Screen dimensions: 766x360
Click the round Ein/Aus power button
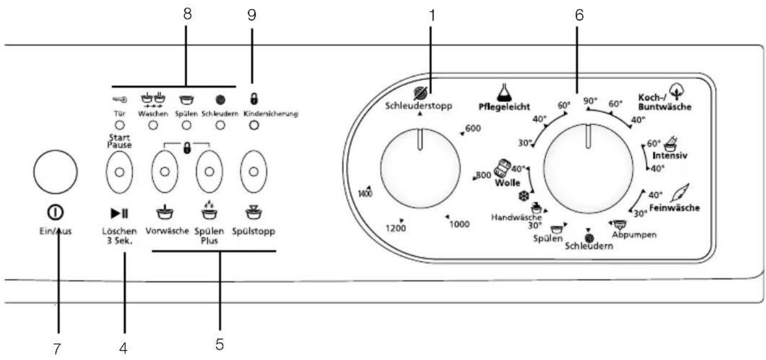pyautogui.click(x=55, y=172)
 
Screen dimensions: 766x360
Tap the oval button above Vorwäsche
pyautogui.click(x=165, y=172)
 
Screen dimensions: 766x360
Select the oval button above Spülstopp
pyautogui.click(x=253, y=172)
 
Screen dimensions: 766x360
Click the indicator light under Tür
pyautogui.click(x=119, y=125)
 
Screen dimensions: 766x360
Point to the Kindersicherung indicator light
pyautogui.click(x=254, y=125)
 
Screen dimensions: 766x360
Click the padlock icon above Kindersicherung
pyautogui.click(x=253, y=99)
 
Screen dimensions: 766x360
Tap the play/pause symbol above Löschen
pyautogui.click(x=119, y=213)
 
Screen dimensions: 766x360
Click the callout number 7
pyautogui.click(x=57, y=349)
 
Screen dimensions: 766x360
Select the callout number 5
pyautogui.click(x=220, y=344)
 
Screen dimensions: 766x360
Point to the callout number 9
pyautogui.click(x=252, y=15)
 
